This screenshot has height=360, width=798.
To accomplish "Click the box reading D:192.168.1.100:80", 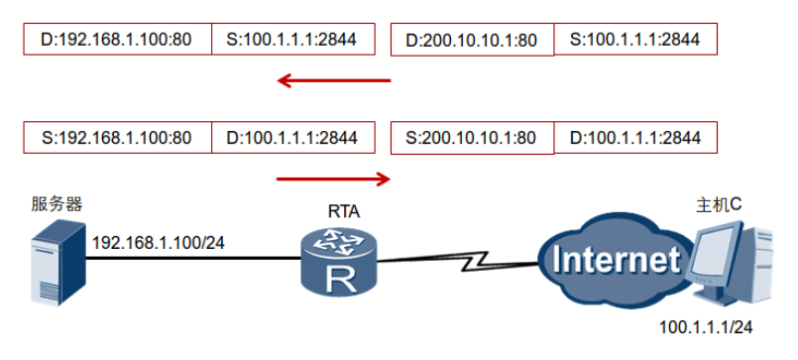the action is pos(118,39).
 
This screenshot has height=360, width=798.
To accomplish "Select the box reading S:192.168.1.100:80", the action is pos(118,138).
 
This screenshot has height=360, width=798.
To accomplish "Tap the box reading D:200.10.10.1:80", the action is pos(472,40).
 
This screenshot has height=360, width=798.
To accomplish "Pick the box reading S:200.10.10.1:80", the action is pos(472,138).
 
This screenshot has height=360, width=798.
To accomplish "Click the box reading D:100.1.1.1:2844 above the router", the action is pos(293,138).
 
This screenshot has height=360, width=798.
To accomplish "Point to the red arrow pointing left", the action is pos(334,80).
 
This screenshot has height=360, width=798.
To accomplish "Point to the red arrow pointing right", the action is pos(333,179).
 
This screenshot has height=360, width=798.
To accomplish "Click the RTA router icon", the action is pos(338,260).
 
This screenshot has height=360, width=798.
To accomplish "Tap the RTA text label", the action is pos(344,210).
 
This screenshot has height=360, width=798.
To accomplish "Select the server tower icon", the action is pos(57,262).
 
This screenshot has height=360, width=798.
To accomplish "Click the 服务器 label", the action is pos(57,204).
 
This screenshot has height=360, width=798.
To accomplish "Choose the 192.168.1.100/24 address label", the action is pos(159,243).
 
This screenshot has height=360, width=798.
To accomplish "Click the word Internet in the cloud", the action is pos(617,259).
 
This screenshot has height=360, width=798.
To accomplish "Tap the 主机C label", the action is pos(719,204).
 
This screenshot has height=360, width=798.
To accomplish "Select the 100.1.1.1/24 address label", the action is pos(706,327).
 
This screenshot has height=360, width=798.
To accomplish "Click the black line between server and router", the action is pos(193,259).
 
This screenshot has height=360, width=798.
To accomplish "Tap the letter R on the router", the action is pos(338,280).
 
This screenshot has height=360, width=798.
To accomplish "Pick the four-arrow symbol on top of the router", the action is pos(339,241).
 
